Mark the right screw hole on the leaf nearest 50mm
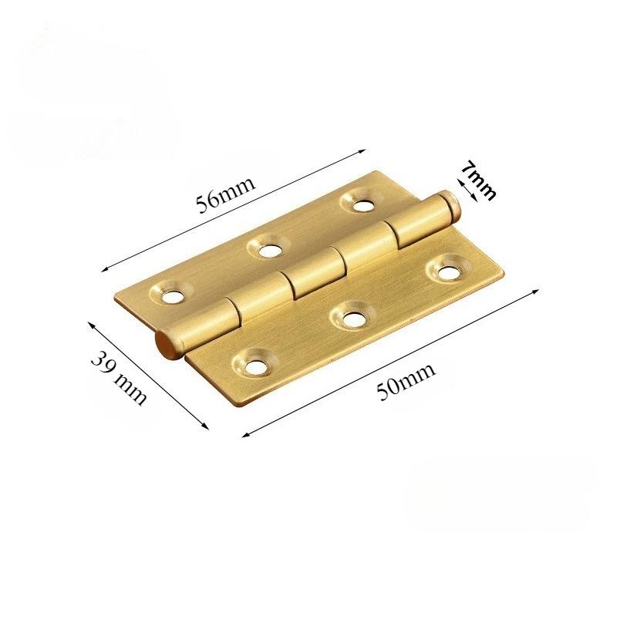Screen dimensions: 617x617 pyautogui.click(x=446, y=271)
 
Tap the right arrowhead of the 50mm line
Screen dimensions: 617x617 pyautogui.click(x=535, y=291)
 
